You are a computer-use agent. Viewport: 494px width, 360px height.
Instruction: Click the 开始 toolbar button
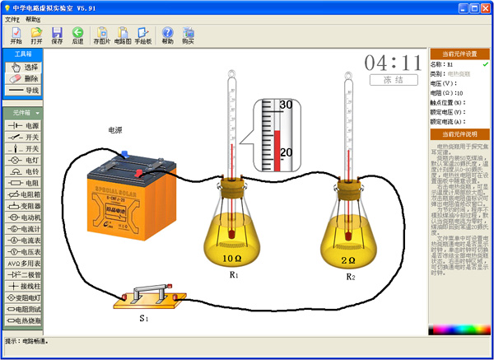coord(16,35)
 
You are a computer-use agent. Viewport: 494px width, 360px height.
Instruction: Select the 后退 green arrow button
coord(77,35)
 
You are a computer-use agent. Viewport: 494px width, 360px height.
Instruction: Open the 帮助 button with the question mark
coord(167,35)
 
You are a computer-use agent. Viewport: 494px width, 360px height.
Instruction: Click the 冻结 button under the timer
coord(392,81)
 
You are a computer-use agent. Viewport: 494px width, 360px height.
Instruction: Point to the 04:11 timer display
coord(393,63)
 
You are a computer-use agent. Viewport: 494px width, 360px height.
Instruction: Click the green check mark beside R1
coord(486,63)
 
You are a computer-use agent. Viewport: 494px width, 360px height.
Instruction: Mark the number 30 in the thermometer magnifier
coord(287,105)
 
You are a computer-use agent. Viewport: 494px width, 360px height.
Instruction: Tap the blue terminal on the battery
coord(123,153)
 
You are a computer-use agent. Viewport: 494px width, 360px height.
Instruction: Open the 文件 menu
coord(12,18)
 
